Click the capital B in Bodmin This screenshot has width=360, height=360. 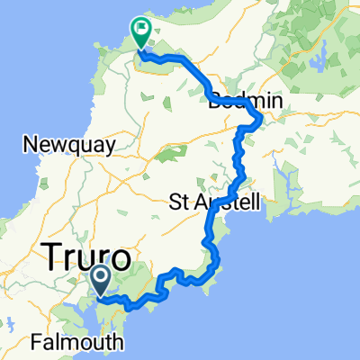point(213,103)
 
